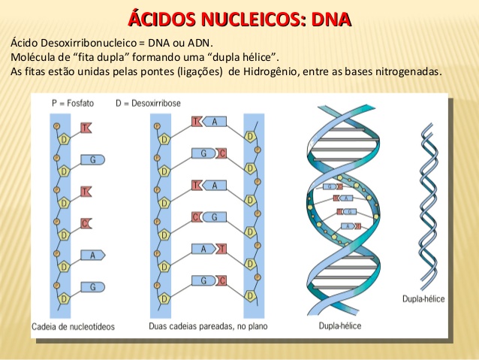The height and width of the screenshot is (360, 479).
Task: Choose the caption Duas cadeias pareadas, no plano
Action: (x=197, y=327)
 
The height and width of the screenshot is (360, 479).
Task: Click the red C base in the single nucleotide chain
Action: (x=86, y=223)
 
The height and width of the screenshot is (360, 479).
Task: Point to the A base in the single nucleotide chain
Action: (x=92, y=255)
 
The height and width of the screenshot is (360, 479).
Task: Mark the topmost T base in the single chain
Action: (x=86, y=128)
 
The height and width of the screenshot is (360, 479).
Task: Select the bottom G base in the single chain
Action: (x=92, y=286)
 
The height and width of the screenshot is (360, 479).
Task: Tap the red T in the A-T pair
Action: (x=222, y=249)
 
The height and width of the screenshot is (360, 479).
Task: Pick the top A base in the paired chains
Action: (x=214, y=122)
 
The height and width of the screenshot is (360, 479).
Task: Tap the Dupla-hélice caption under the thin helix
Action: (x=424, y=299)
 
